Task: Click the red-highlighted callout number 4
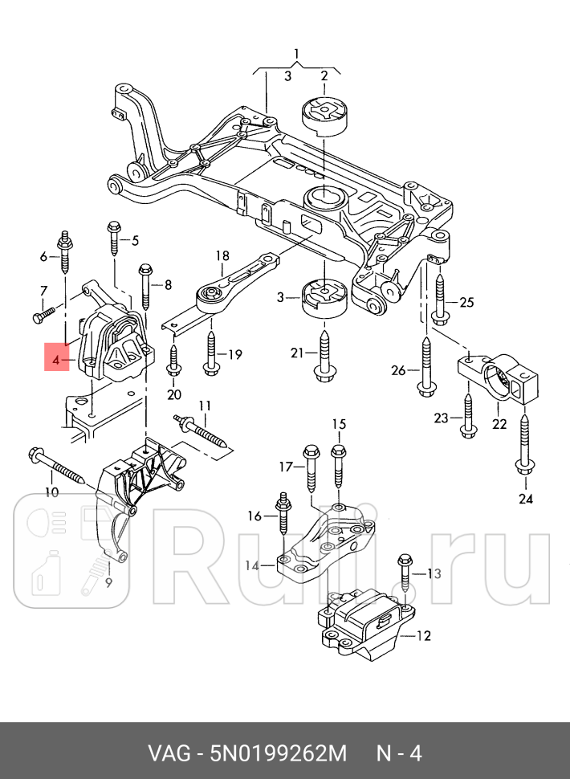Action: [x=55, y=361]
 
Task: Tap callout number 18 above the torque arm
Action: [x=222, y=256]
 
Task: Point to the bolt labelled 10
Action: [x=57, y=466]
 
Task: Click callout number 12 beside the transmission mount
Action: [x=424, y=635]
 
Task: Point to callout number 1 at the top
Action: [x=296, y=53]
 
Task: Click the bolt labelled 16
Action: [x=282, y=513]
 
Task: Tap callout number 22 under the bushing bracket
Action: [x=499, y=423]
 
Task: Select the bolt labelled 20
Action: [x=173, y=361]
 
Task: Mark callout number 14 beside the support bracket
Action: [x=252, y=565]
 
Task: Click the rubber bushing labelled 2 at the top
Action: [x=324, y=112]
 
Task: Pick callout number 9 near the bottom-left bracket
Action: [x=108, y=582]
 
